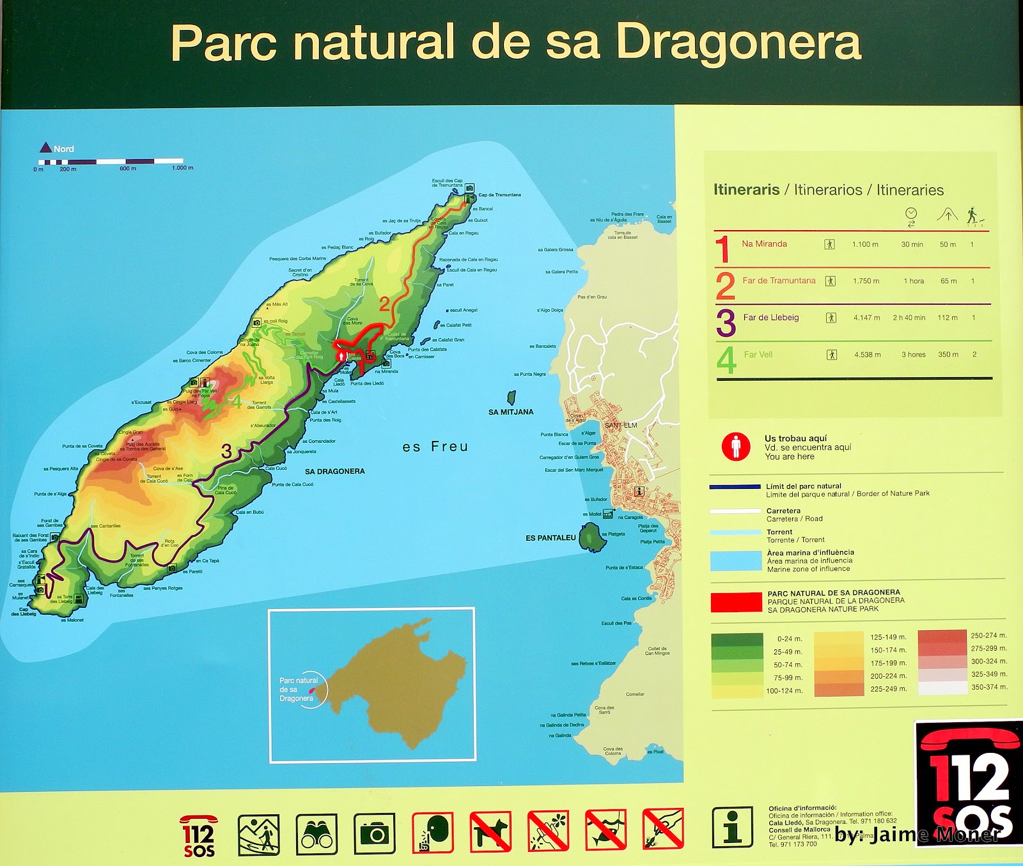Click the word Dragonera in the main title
coord(738,43)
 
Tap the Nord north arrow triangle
coord(45,148)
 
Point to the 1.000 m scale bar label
coord(182,168)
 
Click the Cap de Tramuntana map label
coord(499,195)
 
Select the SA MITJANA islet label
coord(510,412)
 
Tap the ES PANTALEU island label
coord(551,538)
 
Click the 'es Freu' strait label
coord(435,447)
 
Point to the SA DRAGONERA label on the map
coord(334,472)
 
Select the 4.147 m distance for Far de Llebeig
coord(866,318)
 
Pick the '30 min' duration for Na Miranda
coord(912,244)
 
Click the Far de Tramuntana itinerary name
coord(779,281)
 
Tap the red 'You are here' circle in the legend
coord(736,446)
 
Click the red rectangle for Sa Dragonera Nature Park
coord(736,602)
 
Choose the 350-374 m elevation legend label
coord(988,687)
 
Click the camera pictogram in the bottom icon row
coord(375,834)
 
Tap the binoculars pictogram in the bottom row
coord(316,834)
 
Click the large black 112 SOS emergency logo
coord(968,783)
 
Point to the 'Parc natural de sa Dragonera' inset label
coord(297,690)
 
